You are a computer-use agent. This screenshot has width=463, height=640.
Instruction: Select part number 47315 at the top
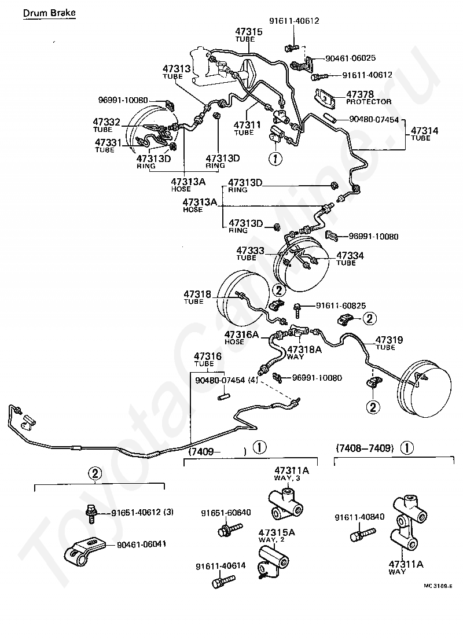tap(249, 31)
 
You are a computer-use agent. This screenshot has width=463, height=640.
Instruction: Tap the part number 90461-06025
tap(351, 58)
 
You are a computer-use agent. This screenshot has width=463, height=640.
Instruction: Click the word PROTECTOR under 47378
tap(369, 102)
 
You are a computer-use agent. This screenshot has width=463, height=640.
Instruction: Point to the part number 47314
tap(425, 131)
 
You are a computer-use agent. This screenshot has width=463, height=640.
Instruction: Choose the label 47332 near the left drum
tap(107, 122)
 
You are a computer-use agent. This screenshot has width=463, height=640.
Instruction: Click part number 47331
tap(108, 142)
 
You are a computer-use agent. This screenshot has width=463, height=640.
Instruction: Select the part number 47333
tap(250, 251)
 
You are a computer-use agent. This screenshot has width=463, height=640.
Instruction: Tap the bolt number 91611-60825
tap(341, 305)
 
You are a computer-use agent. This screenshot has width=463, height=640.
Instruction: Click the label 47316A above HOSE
tap(242, 334)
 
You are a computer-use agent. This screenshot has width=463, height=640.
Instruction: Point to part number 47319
tap(389, 340)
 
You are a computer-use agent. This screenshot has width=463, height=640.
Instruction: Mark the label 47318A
tap(304, 349)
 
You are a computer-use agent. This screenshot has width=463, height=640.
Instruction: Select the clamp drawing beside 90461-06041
tap(84, 550)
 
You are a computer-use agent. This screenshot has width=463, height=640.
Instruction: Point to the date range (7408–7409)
tap(365, 447)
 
